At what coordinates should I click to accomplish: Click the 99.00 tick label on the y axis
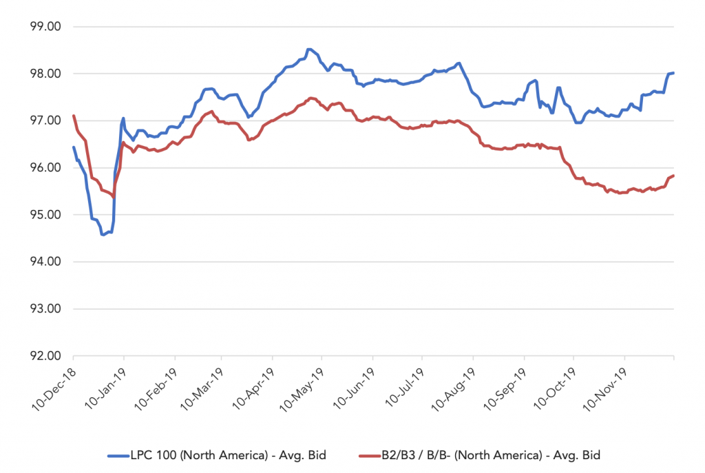[45, 27]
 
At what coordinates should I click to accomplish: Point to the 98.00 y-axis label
[45, 74]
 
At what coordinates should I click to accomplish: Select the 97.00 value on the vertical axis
[45, 120]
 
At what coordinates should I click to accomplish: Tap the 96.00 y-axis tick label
[45, 168]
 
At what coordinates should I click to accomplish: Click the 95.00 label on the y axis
[45, 215]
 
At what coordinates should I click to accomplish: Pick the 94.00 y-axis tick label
[45, 262]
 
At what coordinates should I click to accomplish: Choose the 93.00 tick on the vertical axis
[45, 309]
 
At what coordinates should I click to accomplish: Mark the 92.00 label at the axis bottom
[45, 356]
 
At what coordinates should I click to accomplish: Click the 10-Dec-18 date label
[54, 389]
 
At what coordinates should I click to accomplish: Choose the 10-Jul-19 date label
[403, 388]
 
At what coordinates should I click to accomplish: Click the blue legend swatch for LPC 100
[118, 456]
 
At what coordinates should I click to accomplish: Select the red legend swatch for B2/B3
[370, 456]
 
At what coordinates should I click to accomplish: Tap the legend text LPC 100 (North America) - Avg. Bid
[229, 456]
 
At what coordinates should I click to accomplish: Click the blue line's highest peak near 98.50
[309, 49]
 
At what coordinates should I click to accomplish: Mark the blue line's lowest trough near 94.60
[103, 235]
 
